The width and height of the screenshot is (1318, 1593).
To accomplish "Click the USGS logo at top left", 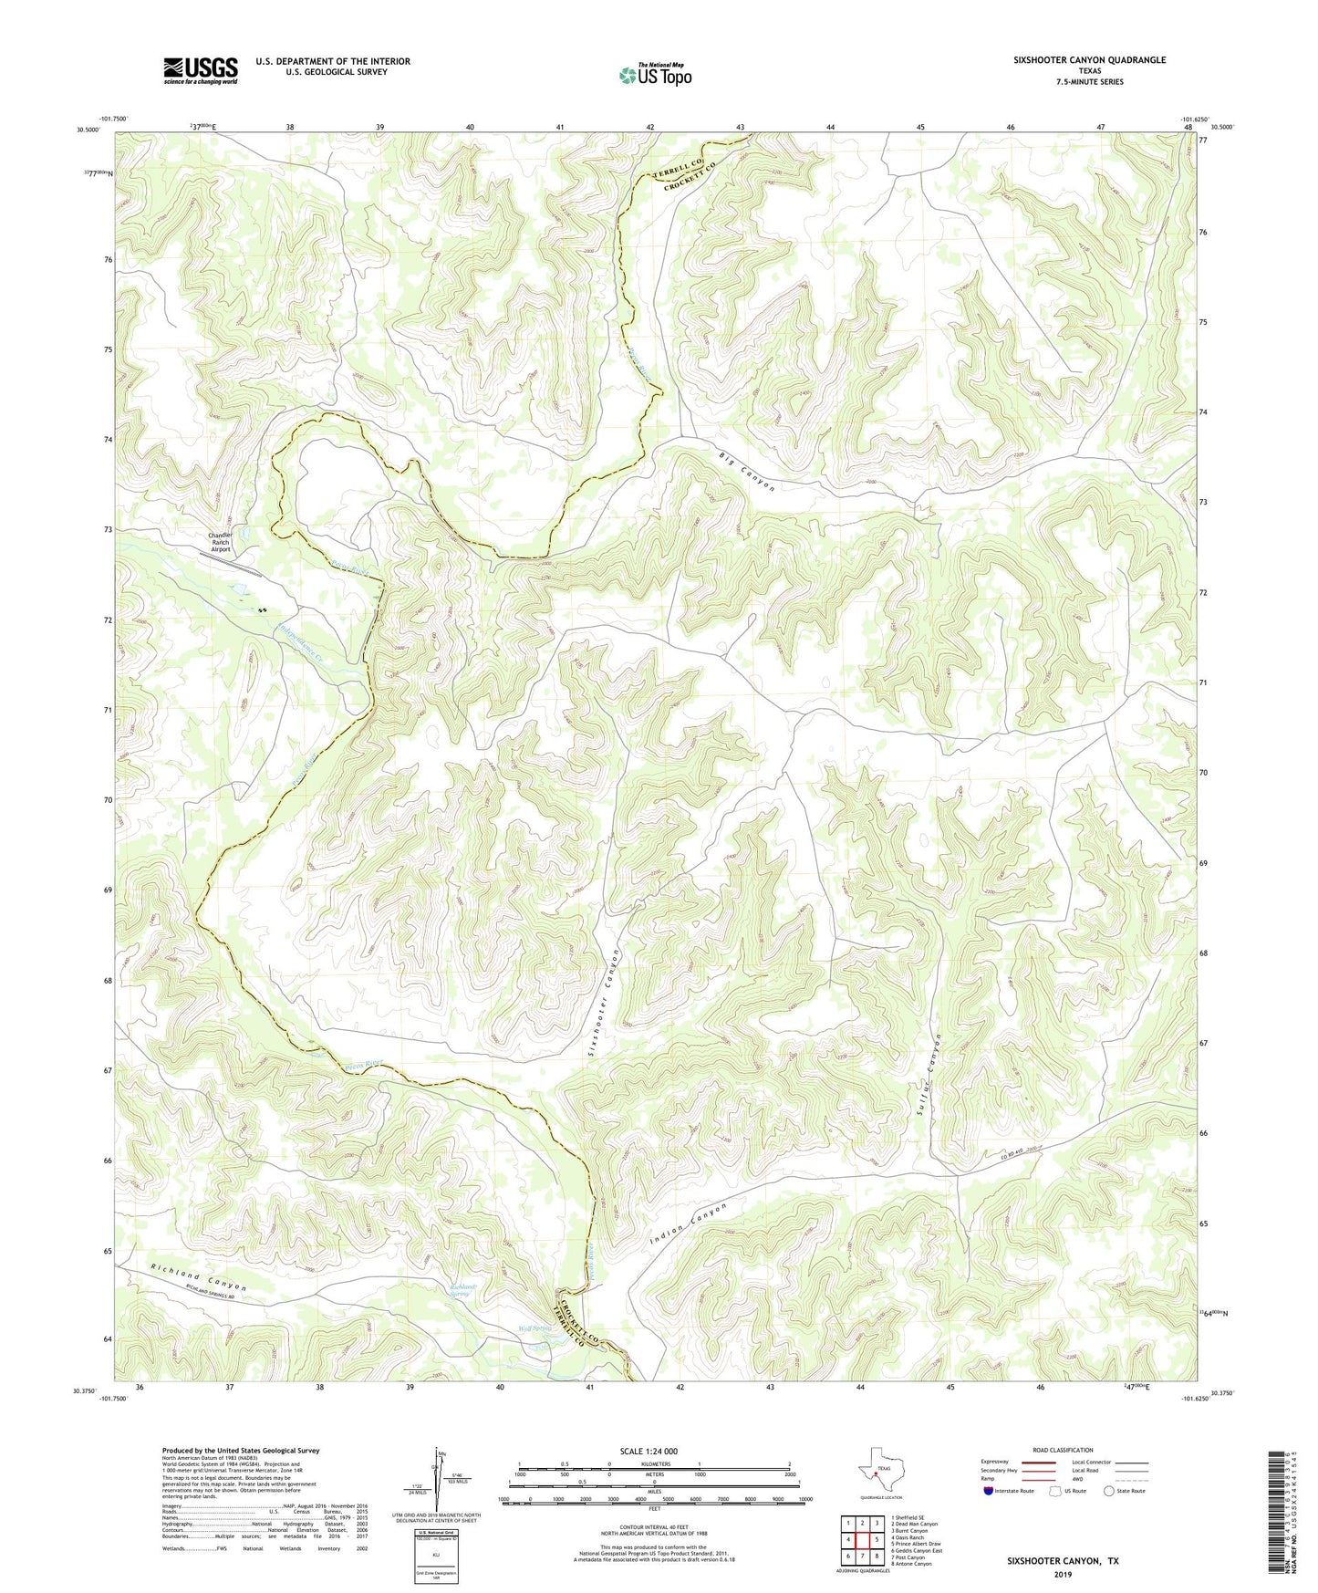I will [x=201, y=70].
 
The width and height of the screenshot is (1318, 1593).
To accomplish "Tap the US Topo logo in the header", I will [x=654, y=75].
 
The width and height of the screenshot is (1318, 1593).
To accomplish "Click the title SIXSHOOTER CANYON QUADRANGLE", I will [x=1089, y=60].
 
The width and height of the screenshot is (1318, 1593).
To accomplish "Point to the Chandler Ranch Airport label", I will [x=221, y=542].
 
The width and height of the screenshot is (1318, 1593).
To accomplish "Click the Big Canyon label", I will [x=746, y=472].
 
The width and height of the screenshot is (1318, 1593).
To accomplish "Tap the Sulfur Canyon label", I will [x=934, y=1078].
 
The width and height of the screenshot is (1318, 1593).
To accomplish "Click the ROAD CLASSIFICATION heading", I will [x=1063, y=1450].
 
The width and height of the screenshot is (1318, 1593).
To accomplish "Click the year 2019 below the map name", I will [x=1063, y=1575].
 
